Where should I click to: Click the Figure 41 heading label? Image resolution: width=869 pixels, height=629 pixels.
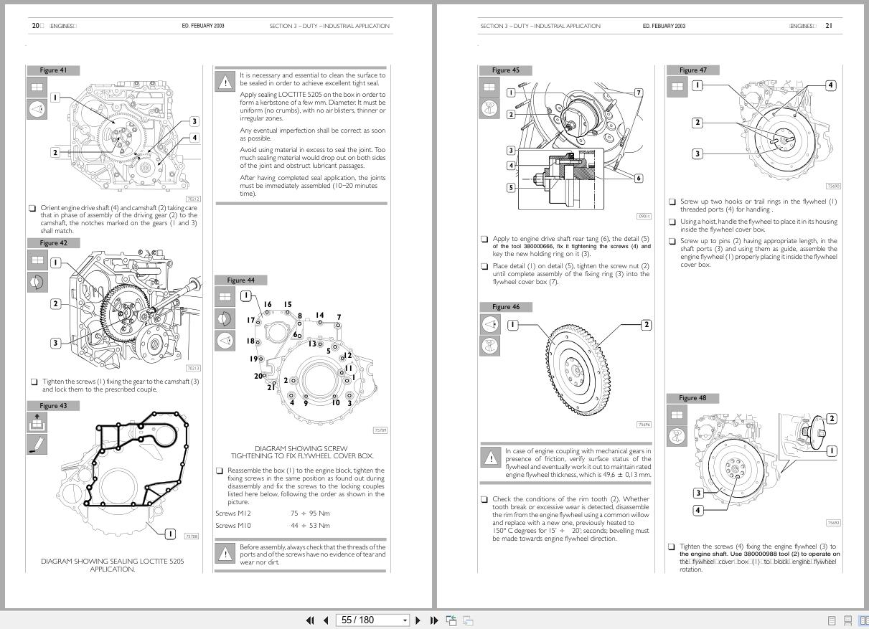coord(53,70)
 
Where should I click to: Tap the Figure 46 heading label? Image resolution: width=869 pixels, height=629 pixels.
coord(505,307)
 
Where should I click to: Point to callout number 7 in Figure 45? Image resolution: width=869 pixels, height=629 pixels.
coord(638,93)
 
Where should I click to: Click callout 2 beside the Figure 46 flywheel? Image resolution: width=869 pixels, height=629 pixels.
coord(646,325)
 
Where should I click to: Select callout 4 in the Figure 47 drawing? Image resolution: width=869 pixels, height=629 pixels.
coord(830,85)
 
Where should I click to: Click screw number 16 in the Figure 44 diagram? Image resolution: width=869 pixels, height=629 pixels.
coord(268,305)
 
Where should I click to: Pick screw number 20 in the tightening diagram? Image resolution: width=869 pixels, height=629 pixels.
coord(258,376)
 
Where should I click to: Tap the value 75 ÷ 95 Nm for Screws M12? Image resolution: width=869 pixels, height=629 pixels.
coord(310,514)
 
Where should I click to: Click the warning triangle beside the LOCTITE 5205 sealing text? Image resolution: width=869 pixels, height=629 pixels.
coord(225,81)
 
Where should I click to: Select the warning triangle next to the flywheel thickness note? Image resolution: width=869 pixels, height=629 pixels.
coord(490,457)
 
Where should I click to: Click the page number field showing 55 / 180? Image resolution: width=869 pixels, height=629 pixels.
coord(374,620)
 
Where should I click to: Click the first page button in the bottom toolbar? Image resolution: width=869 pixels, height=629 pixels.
coord(310,620)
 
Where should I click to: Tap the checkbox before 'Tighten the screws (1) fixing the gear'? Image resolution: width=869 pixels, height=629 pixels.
coord(33,382)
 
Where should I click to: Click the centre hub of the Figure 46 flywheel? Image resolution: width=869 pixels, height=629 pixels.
coord(576,371)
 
